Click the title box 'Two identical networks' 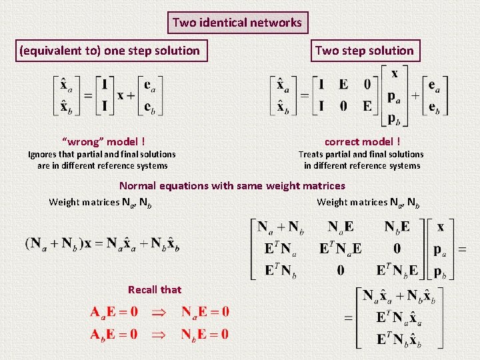pos(237,23)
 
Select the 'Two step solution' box pos(364,50)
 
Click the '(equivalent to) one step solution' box pos(109,50)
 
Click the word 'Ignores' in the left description pos(43,154)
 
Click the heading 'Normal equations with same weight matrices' pos(232,186)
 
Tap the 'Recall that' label pos(155,289)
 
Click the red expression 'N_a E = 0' pos(205,311)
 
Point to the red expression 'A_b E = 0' pos(115,333)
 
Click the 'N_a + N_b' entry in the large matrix pos(281,227)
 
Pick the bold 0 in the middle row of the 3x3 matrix pos(397,249)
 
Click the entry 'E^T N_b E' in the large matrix pos(397,271)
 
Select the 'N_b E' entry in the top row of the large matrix pos(397,227)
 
